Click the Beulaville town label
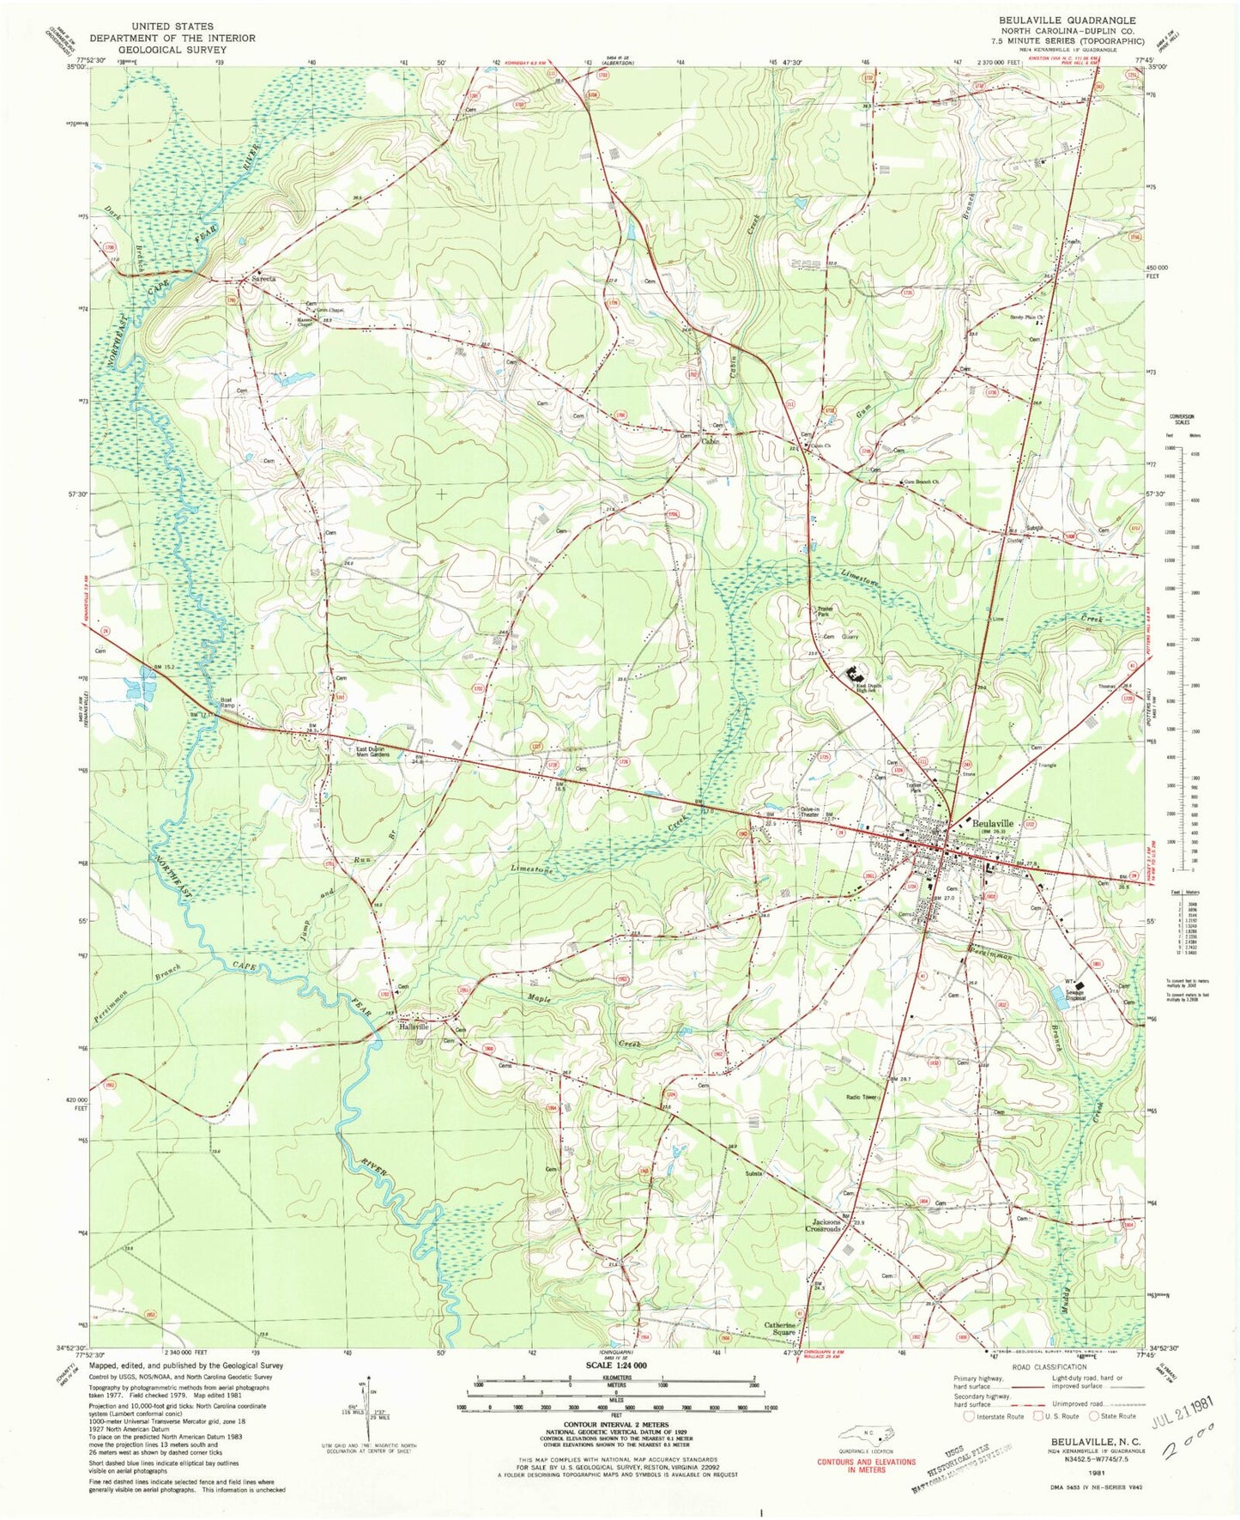click(993, 823)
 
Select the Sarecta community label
click(263, 279)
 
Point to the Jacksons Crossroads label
click(822, 1226)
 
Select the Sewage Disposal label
click(1074, 996)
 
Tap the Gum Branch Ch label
click(922, 482)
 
